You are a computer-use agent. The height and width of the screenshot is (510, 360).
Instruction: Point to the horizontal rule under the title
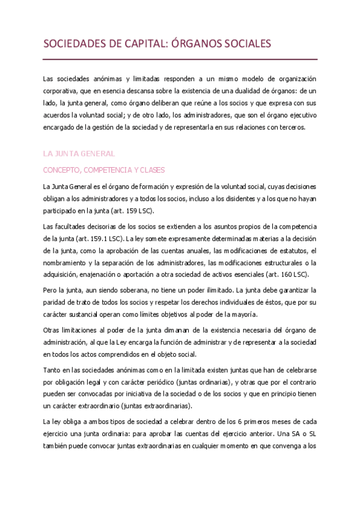pos(180,59)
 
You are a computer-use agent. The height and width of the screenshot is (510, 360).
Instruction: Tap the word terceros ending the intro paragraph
pos(291,127)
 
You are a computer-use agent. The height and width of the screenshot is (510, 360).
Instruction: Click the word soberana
pos(127,291)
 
